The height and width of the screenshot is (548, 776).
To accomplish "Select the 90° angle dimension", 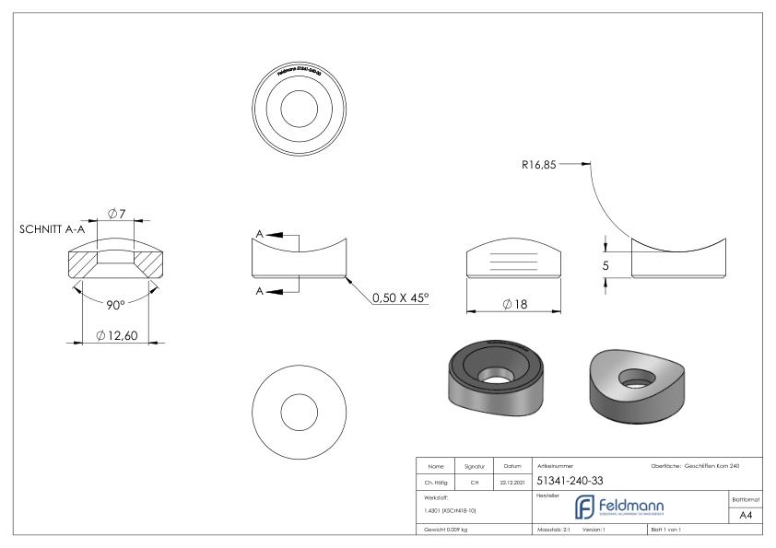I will [115, 304].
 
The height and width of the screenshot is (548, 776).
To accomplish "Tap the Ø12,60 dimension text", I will [117, 335].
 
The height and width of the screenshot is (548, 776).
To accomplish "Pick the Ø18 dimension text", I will [514, 305].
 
